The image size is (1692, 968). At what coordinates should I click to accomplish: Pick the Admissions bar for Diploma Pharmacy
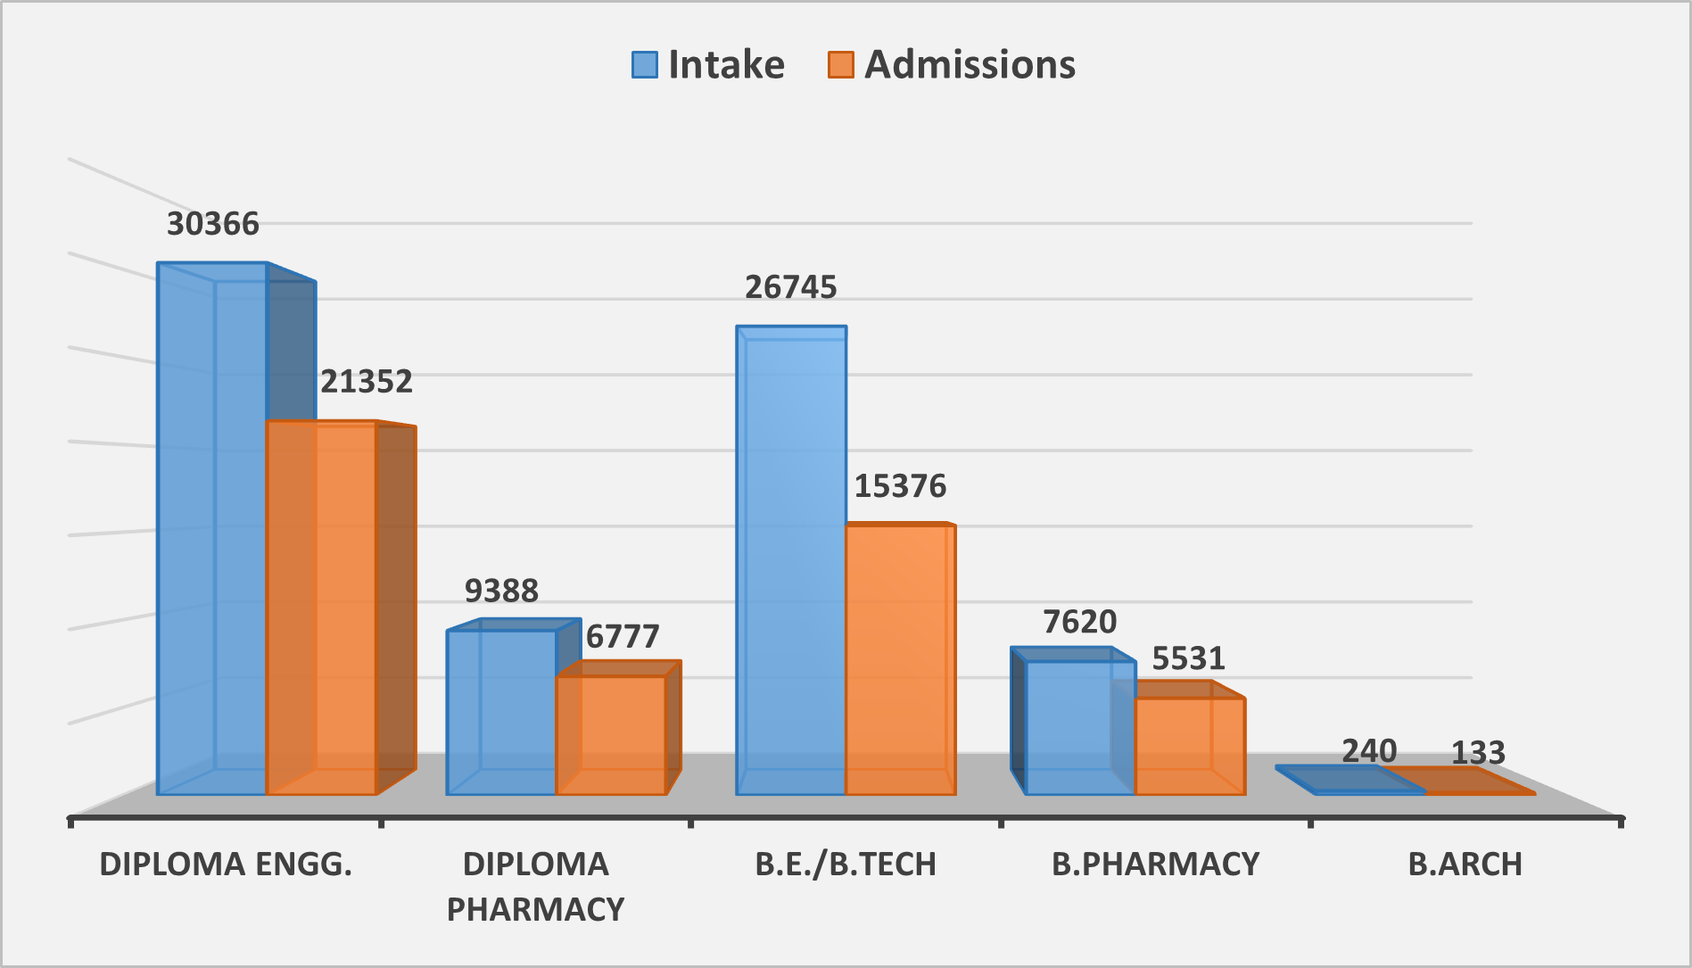tap(611, 735)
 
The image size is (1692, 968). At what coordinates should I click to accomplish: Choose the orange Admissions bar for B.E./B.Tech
tap(901, 659)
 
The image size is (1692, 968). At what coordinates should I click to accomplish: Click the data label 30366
tap(213, 224)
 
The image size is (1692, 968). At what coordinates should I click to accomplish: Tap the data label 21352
tap(367, 382)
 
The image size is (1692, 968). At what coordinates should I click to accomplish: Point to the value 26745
tap(791, 287)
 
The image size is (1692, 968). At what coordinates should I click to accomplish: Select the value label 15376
tap(901, 486)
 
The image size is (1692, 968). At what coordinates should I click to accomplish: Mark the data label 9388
tap(502, 591)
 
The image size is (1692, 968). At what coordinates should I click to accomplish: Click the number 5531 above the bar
tap(1189, 658)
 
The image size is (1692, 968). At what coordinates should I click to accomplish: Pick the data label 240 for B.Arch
tap(1369, 751)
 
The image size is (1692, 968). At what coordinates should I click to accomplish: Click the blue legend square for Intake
tap(645, 65)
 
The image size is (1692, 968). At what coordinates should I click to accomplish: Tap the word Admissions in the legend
tap(970, 65)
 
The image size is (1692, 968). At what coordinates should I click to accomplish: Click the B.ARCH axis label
tap(1465, 864)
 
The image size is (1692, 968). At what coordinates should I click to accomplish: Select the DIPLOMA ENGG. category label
tap(226, 864)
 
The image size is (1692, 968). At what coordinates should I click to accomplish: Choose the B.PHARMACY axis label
tap(1156, 864)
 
